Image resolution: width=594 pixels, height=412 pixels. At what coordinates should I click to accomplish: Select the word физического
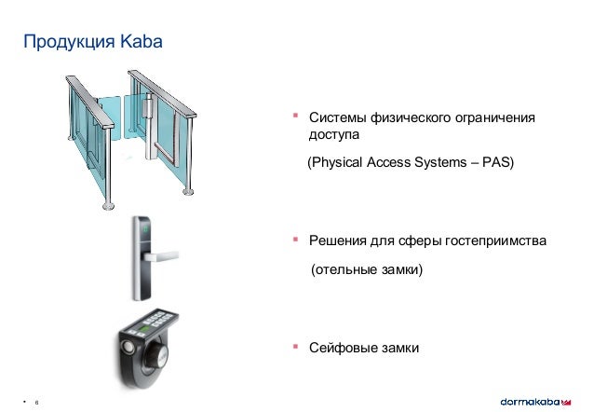[410, 118]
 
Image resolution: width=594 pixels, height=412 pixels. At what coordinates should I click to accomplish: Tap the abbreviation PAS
[498, 162]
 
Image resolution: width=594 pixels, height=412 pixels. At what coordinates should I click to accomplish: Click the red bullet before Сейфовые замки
[294, 346]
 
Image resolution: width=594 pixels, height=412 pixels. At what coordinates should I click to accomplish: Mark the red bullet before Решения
[294, 239]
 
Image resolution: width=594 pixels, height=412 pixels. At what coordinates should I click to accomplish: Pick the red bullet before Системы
[294, 116]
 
